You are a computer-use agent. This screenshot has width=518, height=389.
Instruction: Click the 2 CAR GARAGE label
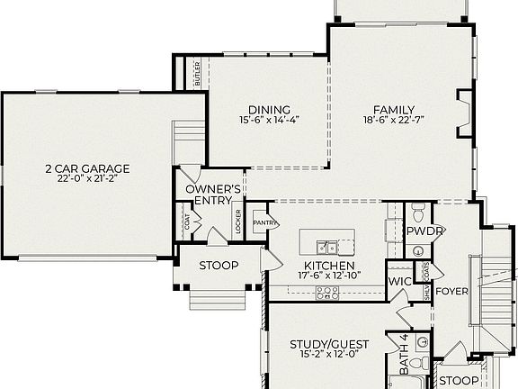pyautogui.click(x=87, y=167)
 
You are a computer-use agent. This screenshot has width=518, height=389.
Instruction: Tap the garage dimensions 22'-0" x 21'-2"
pyautogui.click(x=87, y=178)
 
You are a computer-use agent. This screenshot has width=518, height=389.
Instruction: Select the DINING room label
pyautogui.click(x=268, y=107)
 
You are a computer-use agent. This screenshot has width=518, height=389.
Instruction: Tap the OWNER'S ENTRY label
pyautogui.click(x=213, y=194)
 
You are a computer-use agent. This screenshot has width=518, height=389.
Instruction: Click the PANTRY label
pyautogui.click(x=265, y=222)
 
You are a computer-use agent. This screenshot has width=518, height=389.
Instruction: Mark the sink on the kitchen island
pyautogui.click(x=327, y=246)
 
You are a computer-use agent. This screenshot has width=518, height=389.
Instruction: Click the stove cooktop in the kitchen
pyautogui.click(x=326, y=292)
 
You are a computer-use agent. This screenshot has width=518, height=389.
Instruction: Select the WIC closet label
pyautogui.click(x=399, y=282)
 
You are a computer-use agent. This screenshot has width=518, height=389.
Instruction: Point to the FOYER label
pyautogui.click(x=452, y=291)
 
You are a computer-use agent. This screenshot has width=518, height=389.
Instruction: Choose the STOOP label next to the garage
pyautogui.click(x=219, y=265)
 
